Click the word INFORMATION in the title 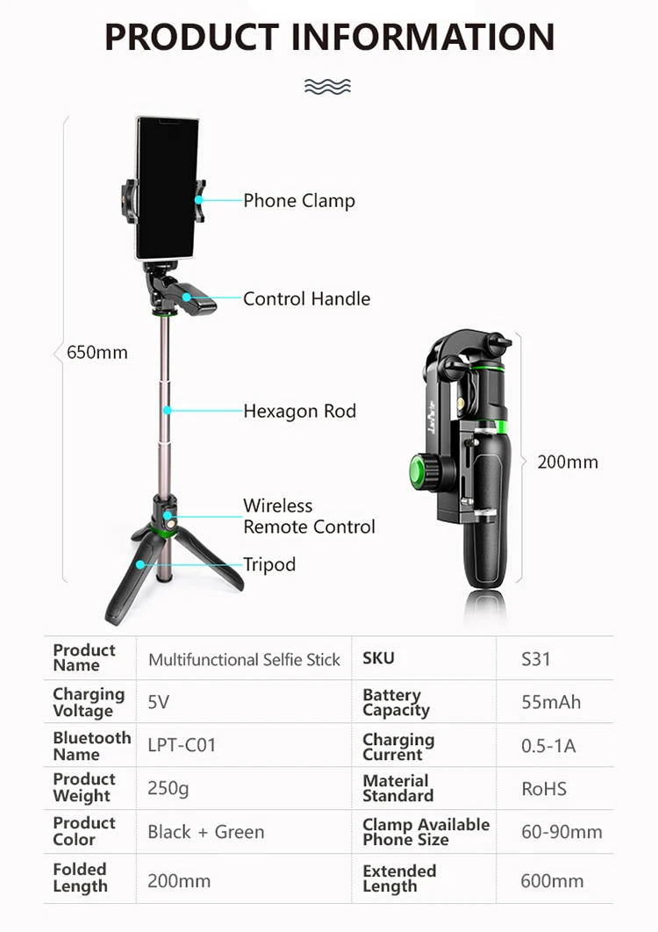point(423,37)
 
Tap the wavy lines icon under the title point(327,85)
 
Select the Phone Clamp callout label point(298,201)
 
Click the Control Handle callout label point(306,298)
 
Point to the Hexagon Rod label point(299,411)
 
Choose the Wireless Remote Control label point(308,516)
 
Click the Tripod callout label point(269,564)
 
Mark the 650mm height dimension point(97,353)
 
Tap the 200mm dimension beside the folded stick point(568,462)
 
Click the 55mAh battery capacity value point(551,702)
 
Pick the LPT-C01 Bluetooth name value point(182,745)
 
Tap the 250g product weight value point(168,788)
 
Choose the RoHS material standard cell point(544,788)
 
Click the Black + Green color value point(205,832)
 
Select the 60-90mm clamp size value point(561,832)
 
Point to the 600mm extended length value point(552,880)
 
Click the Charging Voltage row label point(89,702)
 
